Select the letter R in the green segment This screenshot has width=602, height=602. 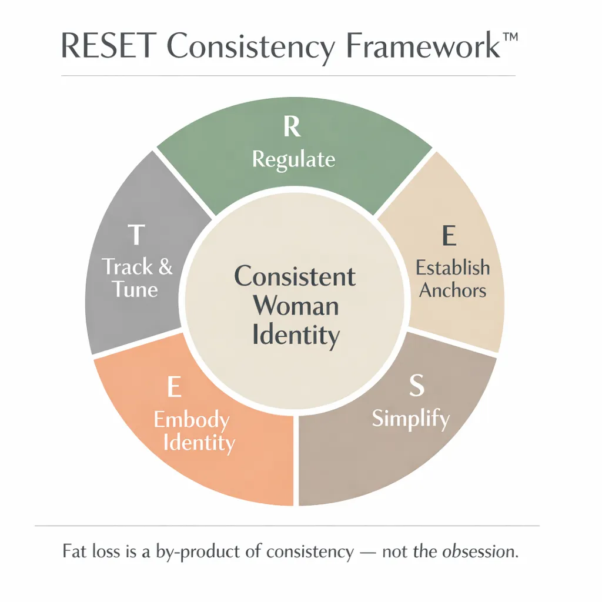[x=292, y=126]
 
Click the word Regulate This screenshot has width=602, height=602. [x=293, y=159]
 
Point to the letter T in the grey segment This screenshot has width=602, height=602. [x=136, y=235]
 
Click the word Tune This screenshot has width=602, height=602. [x=136, y=289]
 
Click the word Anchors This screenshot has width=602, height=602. [x=452, y=290]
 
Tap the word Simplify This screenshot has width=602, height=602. [x=411, y=419]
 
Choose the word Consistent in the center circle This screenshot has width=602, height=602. [x=295, y=276]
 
